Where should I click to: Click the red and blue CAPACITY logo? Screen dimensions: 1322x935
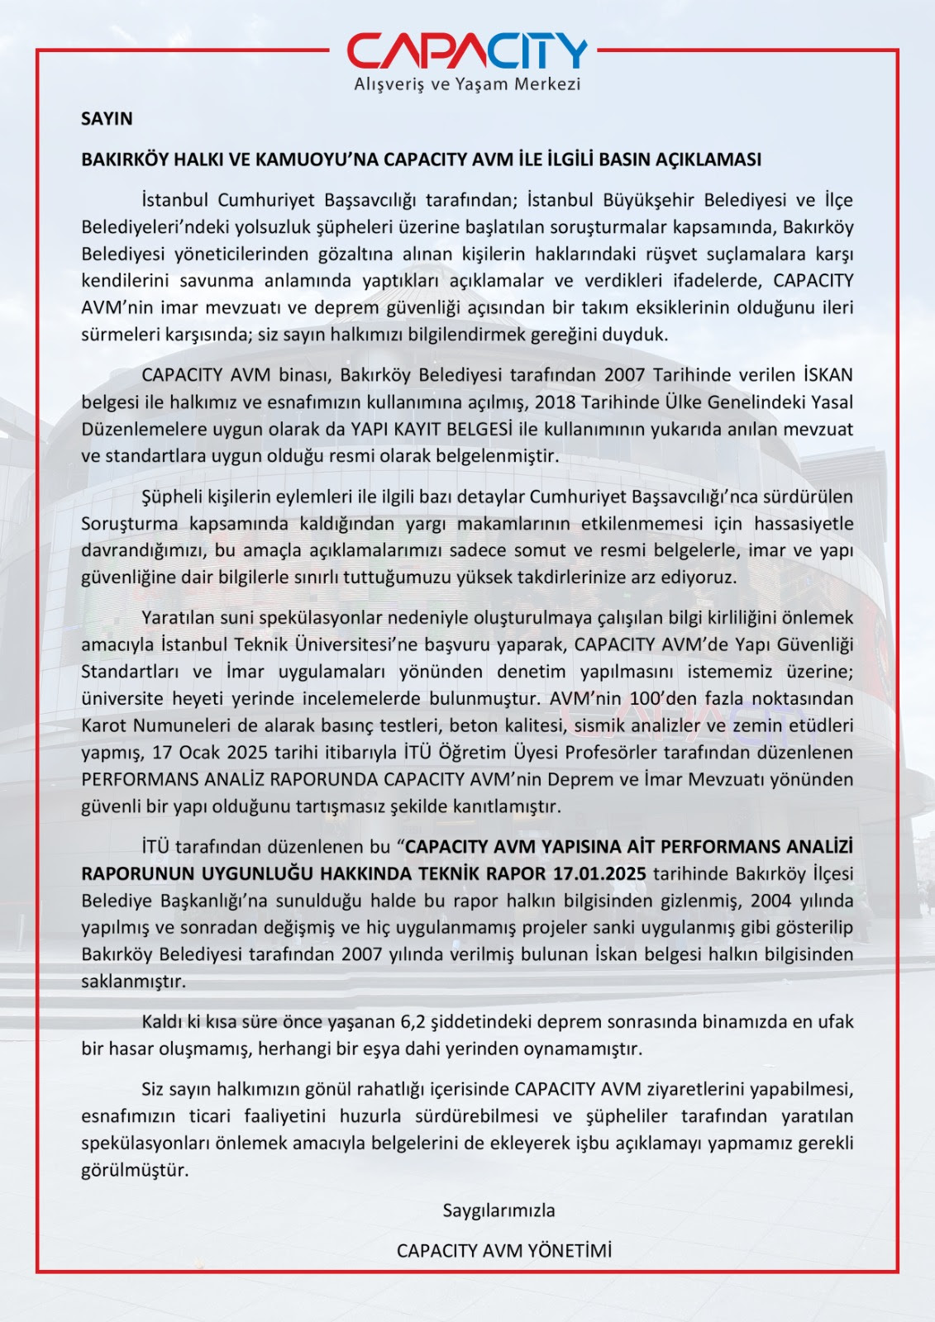[x=467, y=51]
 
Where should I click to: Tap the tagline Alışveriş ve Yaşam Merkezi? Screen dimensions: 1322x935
[x=467, y=84]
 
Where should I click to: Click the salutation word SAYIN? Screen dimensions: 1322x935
[x=107, y=119]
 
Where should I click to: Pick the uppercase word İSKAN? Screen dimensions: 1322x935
[x=828, y=375]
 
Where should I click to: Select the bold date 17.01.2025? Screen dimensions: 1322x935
[x=599, y=873]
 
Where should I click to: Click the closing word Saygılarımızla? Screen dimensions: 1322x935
[x=499, y=1210]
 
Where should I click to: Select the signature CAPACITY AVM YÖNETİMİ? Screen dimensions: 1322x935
[x=504, y=1251]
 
